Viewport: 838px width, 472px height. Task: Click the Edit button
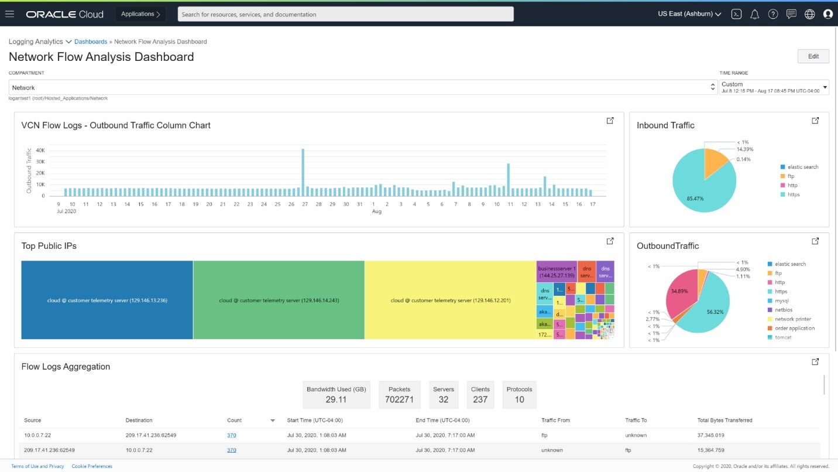tap(813, 56)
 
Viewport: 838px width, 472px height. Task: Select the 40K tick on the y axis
tap(40, 151)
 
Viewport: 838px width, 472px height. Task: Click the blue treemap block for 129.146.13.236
tap(107, 300)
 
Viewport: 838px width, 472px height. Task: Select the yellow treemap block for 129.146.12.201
tap(450, 300)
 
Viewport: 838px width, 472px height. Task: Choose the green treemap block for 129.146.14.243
tap(279, 300)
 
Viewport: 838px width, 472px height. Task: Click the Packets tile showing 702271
tap(399, 395)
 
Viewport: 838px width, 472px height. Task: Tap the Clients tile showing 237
tap(480, 395)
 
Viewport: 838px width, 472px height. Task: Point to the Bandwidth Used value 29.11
tap(336, 399)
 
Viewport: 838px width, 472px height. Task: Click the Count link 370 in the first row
tap(231, 435)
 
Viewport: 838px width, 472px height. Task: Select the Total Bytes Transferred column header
tap(724, 420)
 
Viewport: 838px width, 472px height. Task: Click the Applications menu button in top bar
tap(140, 14)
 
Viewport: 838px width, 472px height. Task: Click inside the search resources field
tap(345, 14)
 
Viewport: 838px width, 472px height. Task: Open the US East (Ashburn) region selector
tap(689, 14)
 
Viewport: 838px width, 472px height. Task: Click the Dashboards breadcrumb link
tap(91, 42)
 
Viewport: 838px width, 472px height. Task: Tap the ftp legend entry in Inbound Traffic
tap(791, 176)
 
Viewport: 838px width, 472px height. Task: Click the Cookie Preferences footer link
tap(92, 466)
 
